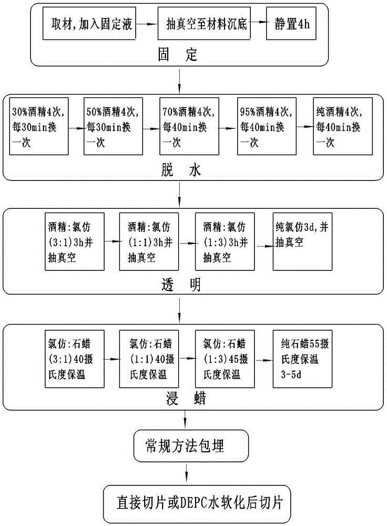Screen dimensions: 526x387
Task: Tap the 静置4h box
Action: coord(292,25)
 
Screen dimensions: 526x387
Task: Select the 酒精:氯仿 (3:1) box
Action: coord(76,241)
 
